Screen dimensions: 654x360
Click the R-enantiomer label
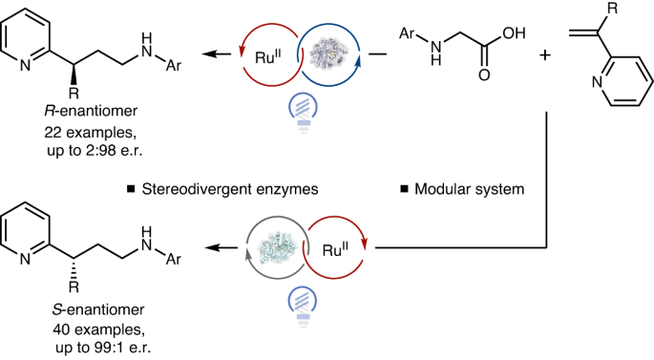tap(91, 111)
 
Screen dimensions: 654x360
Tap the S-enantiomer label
tap(98, 309)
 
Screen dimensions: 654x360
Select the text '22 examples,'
tap(91, 132)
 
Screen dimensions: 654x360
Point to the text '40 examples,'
tap(99, 330)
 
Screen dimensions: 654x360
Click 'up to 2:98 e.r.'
tap(95, 151)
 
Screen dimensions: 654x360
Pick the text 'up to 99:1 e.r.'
tap(103, 348)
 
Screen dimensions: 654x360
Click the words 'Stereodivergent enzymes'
tap(230, 189)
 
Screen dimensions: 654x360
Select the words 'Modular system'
tap(469, 189)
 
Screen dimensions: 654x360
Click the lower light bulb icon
tap(303, 306)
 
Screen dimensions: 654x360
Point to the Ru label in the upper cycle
tap(267, 56)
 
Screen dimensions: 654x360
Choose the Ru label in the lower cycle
tap(336, 249)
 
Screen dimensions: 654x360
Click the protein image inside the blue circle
tap(327, 54)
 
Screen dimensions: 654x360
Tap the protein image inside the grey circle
tap(278, 247)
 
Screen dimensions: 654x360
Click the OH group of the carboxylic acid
tap(514, 33)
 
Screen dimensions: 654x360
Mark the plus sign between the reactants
tap(545, 55)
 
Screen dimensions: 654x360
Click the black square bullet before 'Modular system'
tap(404, 189)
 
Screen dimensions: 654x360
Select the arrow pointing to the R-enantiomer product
tap(217, 54)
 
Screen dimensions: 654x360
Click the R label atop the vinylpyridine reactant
tap(612, 9)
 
